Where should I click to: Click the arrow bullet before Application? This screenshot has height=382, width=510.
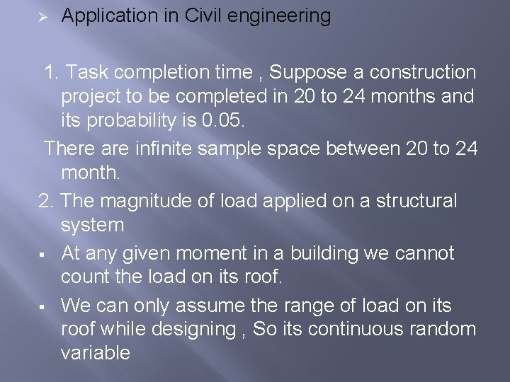(x=41, y=16)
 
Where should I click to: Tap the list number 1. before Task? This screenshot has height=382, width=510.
(x=53, y=72)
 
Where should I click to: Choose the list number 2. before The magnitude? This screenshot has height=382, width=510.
(x=47, y=202)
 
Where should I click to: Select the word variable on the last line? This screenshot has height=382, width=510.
(x=96, y=353)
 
